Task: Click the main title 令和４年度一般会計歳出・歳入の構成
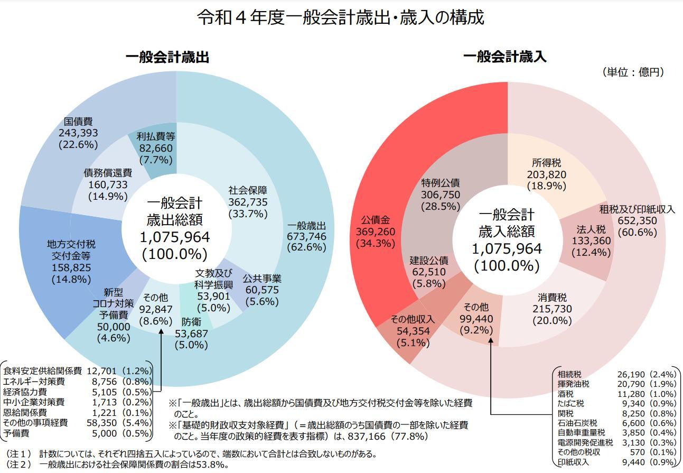tap(341, 17)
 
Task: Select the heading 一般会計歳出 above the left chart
tap(167, 57)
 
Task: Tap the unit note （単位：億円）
tap(633, 72)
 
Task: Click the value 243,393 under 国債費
tap(78, 133)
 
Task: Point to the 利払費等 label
tap(156, 136)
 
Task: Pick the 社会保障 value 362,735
tap(248, 202)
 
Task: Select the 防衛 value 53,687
tap(191, 333)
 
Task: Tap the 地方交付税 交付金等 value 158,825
tap(71, 268)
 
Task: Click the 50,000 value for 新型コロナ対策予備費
tap(113, 327)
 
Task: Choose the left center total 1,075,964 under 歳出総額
tap(175, 237)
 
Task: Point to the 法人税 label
tap(591, 229)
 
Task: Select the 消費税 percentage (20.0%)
tap(552, 321)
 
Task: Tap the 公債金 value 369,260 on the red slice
tap(376, 231)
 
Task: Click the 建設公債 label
tap(429, 261)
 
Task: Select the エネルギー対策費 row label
tap(34, 381)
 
